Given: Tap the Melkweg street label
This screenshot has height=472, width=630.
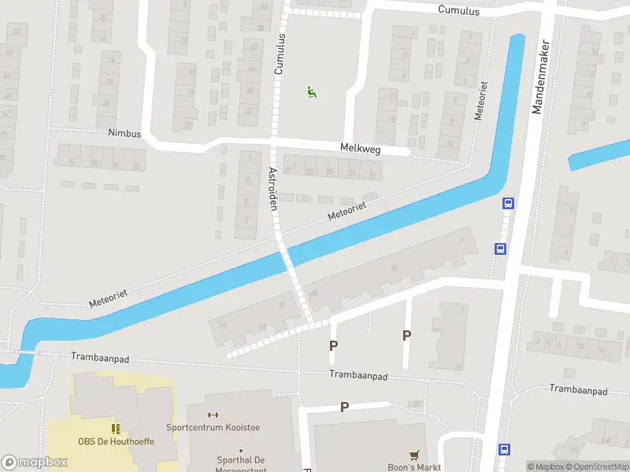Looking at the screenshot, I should pos(361,147).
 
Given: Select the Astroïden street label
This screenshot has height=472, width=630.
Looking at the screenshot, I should pos(273,189).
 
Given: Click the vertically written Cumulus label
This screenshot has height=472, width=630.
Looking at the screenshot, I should pos(279,54).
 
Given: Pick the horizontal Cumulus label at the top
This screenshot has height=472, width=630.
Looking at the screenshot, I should pos(459,9).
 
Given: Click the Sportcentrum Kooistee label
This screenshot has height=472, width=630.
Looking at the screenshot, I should pos(213,428).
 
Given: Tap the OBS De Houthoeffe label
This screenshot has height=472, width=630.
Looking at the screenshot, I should pos(116,441).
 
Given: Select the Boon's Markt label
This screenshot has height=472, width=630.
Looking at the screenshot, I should pos(414,467).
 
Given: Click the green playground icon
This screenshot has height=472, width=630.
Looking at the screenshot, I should pos(312,93).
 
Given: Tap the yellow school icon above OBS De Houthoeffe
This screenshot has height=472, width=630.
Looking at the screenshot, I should pos(117,429).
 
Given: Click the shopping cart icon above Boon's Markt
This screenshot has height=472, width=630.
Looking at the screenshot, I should pos(414,455).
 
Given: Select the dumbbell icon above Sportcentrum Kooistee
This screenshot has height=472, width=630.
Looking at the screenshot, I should pos(212,415).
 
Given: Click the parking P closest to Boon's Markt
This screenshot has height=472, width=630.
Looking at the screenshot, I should pos(344,407).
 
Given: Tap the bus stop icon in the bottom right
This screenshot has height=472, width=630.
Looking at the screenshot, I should pos(504,449).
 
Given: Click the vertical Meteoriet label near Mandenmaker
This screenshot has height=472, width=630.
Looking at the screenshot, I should pos(481,103).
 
